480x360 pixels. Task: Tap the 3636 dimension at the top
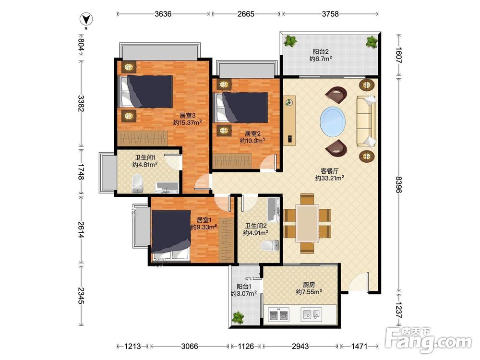[163, 14]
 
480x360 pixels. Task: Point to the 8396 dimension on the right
[398, 184]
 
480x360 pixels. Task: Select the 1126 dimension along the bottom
[246, 346]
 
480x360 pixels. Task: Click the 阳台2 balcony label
[321, 51]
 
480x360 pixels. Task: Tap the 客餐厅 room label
[329, 171]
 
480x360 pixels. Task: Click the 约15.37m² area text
[187, 122]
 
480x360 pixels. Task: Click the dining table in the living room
[307, 224]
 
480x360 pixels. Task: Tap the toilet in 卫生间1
[137, 183]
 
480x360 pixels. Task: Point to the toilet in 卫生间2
[270, 246]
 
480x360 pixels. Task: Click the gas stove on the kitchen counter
[278, 314]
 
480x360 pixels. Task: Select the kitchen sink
[311, 314]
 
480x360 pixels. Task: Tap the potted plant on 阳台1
[238, 317]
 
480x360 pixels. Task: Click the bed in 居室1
[171, 235]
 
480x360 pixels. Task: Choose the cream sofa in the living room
[366, 121]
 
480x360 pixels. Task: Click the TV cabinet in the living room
[289, 120]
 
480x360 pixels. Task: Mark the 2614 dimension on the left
[81, 230]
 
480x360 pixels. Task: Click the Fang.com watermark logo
[428, 339]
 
